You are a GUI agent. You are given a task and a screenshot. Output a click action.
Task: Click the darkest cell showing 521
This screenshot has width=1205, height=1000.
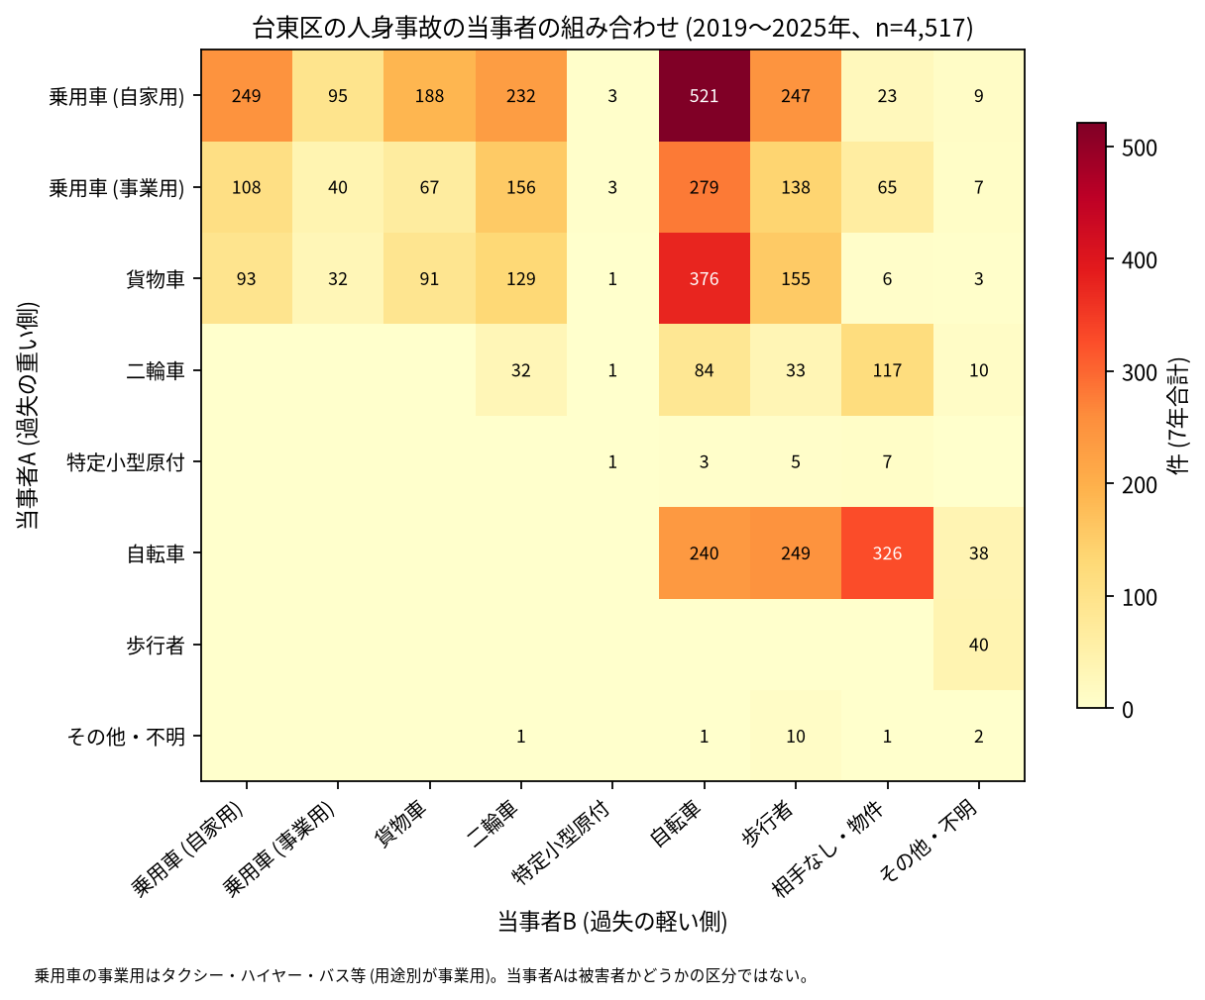(x=704, y=96)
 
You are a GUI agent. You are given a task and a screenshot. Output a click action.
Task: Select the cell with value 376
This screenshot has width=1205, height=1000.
(x=704, y=278)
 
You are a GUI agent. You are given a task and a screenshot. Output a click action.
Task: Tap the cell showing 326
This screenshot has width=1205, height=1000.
(x=887, y=553)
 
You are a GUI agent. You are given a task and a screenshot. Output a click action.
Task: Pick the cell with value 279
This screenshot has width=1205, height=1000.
(x=704, y=187)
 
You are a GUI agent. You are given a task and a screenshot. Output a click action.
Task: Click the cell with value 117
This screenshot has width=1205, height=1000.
(x=887, y=370)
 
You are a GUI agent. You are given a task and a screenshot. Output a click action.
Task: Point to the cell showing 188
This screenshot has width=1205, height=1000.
(x=429, y=96)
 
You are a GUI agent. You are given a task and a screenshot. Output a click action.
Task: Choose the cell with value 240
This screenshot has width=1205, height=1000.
(x=704, y=553)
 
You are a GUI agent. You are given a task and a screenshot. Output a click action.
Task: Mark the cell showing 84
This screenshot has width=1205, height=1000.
(x=704, y=370)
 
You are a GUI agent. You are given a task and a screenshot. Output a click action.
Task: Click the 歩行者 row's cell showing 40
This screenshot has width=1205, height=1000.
(x=979, y=645)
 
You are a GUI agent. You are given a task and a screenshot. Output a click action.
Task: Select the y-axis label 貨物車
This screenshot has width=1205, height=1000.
(x=156, y=279)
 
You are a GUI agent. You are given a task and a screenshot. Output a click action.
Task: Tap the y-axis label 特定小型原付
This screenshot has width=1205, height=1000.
(x=125, y=462)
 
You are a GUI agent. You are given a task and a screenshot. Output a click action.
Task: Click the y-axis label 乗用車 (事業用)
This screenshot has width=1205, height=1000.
(x=117, y=188)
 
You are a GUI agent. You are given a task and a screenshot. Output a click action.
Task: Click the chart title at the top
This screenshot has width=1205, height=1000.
(x=612, y=28)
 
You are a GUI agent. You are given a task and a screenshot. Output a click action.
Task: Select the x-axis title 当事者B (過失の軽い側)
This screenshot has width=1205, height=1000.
(x=612, y=922)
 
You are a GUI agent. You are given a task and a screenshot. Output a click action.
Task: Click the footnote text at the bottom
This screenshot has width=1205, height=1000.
(x=421, y=976)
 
